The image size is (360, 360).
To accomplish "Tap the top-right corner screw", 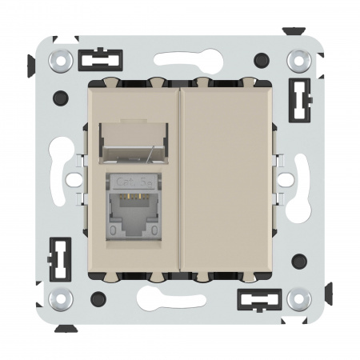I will pos(299,59).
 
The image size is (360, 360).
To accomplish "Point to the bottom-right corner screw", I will pos(299,299).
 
